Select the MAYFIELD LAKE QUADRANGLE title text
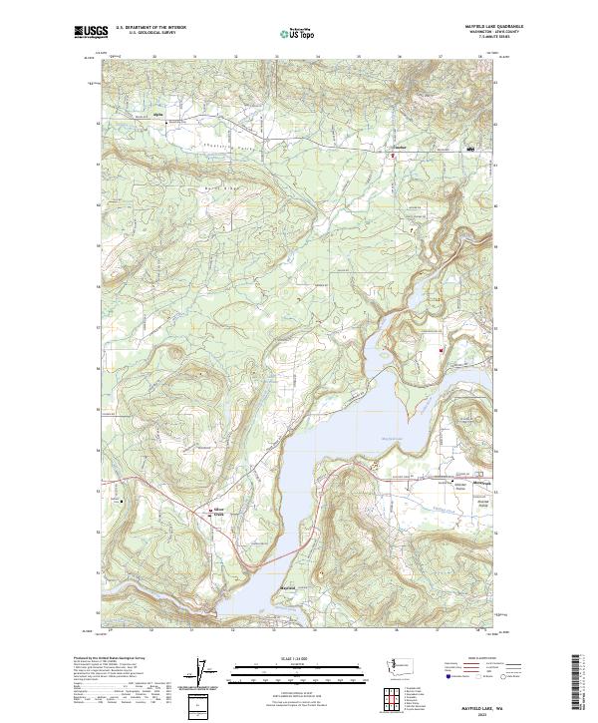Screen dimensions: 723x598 492,27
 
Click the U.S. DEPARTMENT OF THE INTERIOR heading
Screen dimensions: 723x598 150,28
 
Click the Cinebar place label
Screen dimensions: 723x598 393,149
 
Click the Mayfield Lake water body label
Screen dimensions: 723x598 393,437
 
